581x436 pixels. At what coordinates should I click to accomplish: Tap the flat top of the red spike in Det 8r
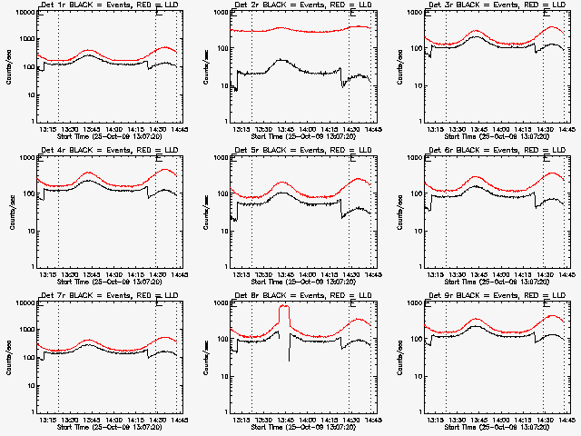(x=284, y=307)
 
